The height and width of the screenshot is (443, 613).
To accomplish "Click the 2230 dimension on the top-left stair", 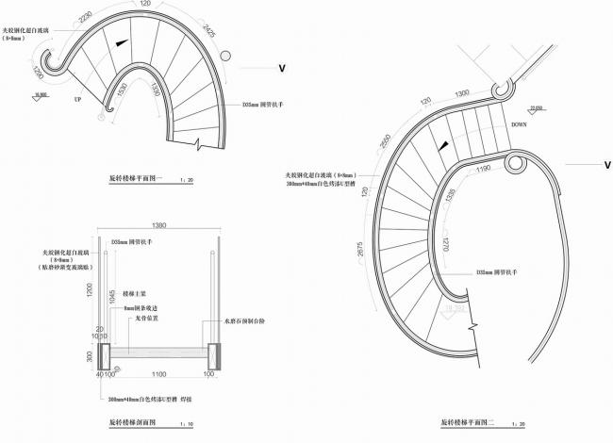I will point(86,18).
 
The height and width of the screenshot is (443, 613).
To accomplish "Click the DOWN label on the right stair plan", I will point(519,124).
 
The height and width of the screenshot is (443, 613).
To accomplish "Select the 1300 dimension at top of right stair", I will point(461,93).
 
